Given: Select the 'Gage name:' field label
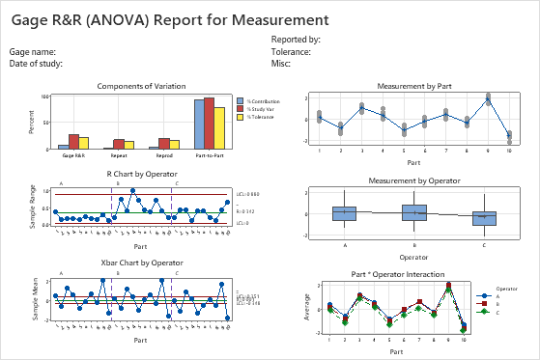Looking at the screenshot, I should [x=32, y=51].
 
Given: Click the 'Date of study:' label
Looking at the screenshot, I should [x=36, y=63].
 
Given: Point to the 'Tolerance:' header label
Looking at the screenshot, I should [x=291, y=51].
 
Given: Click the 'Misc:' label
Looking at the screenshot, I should [x=281, y=63].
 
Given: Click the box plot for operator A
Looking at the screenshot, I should [x=344, y=213].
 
